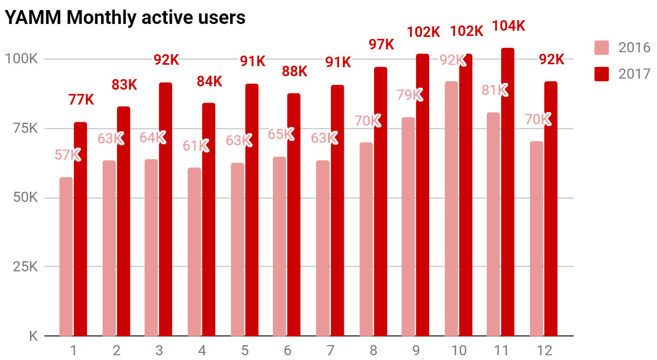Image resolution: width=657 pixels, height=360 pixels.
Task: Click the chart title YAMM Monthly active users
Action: click(125, 18)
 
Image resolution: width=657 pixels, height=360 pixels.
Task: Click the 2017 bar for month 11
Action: click(507, 192)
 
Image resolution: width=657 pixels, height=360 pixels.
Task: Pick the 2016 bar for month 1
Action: click(66, 256)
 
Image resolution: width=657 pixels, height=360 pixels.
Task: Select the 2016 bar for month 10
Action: click(451, 209)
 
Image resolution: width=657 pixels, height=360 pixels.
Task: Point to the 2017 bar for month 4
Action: click(209, 219)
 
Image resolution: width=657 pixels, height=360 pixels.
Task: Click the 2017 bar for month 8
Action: click(380, 201)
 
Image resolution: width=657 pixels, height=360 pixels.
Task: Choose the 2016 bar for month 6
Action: click(280, 246)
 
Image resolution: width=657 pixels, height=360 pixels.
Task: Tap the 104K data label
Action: click(509, 26)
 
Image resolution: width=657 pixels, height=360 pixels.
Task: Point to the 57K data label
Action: click(67, 155)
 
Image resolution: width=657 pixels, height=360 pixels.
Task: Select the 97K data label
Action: click(381, 45)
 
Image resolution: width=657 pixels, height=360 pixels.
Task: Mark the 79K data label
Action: click(409, 95)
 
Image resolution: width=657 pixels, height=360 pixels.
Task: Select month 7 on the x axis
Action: click(330, 350)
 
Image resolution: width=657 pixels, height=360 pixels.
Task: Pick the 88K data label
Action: click(294, 71)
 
